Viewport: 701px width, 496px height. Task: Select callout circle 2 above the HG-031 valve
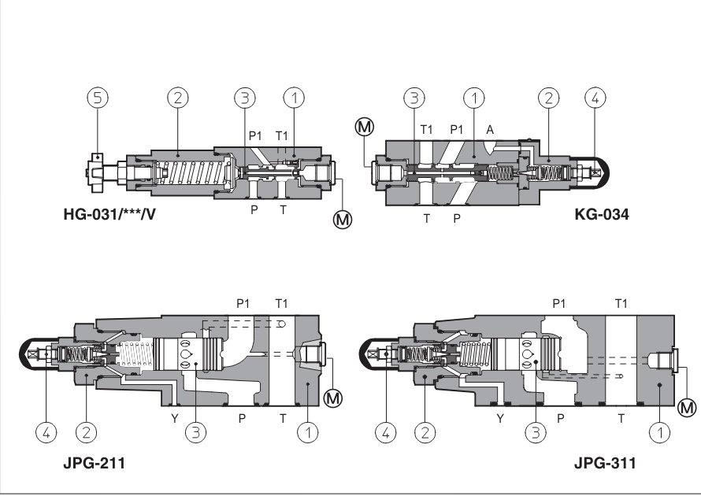coord(178,98)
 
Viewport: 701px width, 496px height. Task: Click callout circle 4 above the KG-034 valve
coord(595,98)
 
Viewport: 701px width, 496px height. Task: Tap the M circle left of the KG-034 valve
coord(365,126)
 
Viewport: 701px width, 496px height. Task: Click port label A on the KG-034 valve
coord(489,129)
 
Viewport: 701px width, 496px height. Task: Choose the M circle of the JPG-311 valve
coord(687,407)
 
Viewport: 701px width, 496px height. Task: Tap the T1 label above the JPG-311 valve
coord(621,303)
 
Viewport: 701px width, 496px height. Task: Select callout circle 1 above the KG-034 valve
coord(473,98)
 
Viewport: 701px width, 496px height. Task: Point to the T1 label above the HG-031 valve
coord(281,135)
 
